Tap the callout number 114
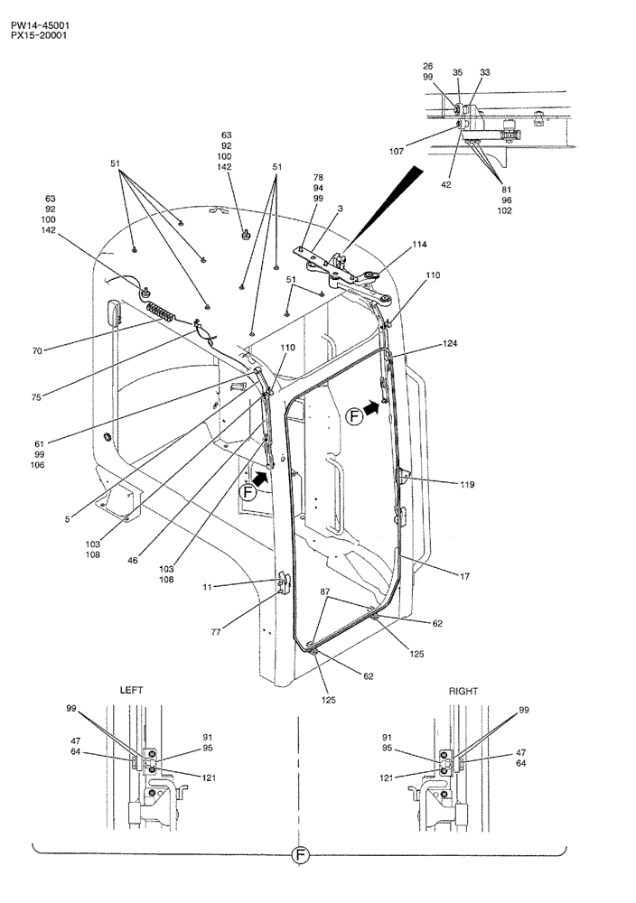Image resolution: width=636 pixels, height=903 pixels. click(420, 245)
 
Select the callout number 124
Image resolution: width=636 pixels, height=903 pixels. click(450, 344)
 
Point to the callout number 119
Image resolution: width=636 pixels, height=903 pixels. click(466, 485)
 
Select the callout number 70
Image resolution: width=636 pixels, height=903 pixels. click(37, 350)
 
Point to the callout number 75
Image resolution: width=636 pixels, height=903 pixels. click(37, 394)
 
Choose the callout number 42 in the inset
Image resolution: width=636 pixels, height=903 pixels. click(445, 184)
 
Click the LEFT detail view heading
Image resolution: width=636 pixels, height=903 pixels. click(132, 690)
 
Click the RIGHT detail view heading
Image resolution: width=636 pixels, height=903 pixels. click(463, 690)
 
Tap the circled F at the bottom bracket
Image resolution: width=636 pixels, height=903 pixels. click(300, 856)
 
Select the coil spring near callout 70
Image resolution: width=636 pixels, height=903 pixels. click(164, 311)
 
